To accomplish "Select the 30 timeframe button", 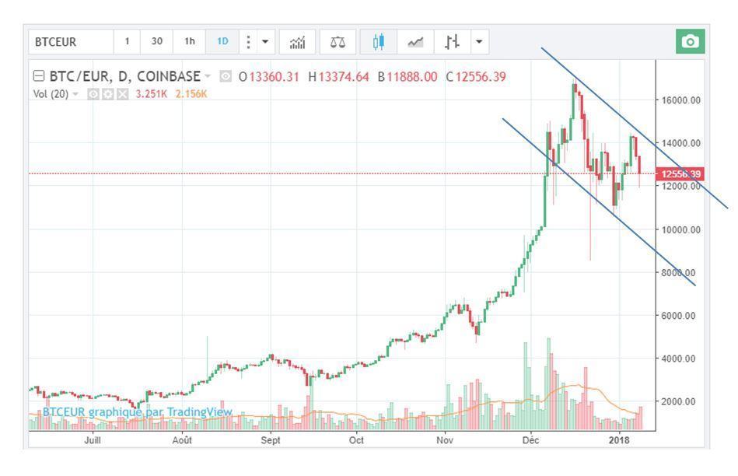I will tap(157, 41).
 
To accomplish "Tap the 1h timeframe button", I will tap(189, 41).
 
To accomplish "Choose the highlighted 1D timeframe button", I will tap(222, 41).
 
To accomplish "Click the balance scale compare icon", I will tap(336, 41).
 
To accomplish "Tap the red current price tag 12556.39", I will tap(680, 174).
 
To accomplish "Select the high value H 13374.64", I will tap(338, 76).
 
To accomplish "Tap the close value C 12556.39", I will tap(476, 76).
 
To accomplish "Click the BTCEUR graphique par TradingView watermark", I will tap(137, 412).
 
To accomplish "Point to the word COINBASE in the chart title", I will tap(169, 76).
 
